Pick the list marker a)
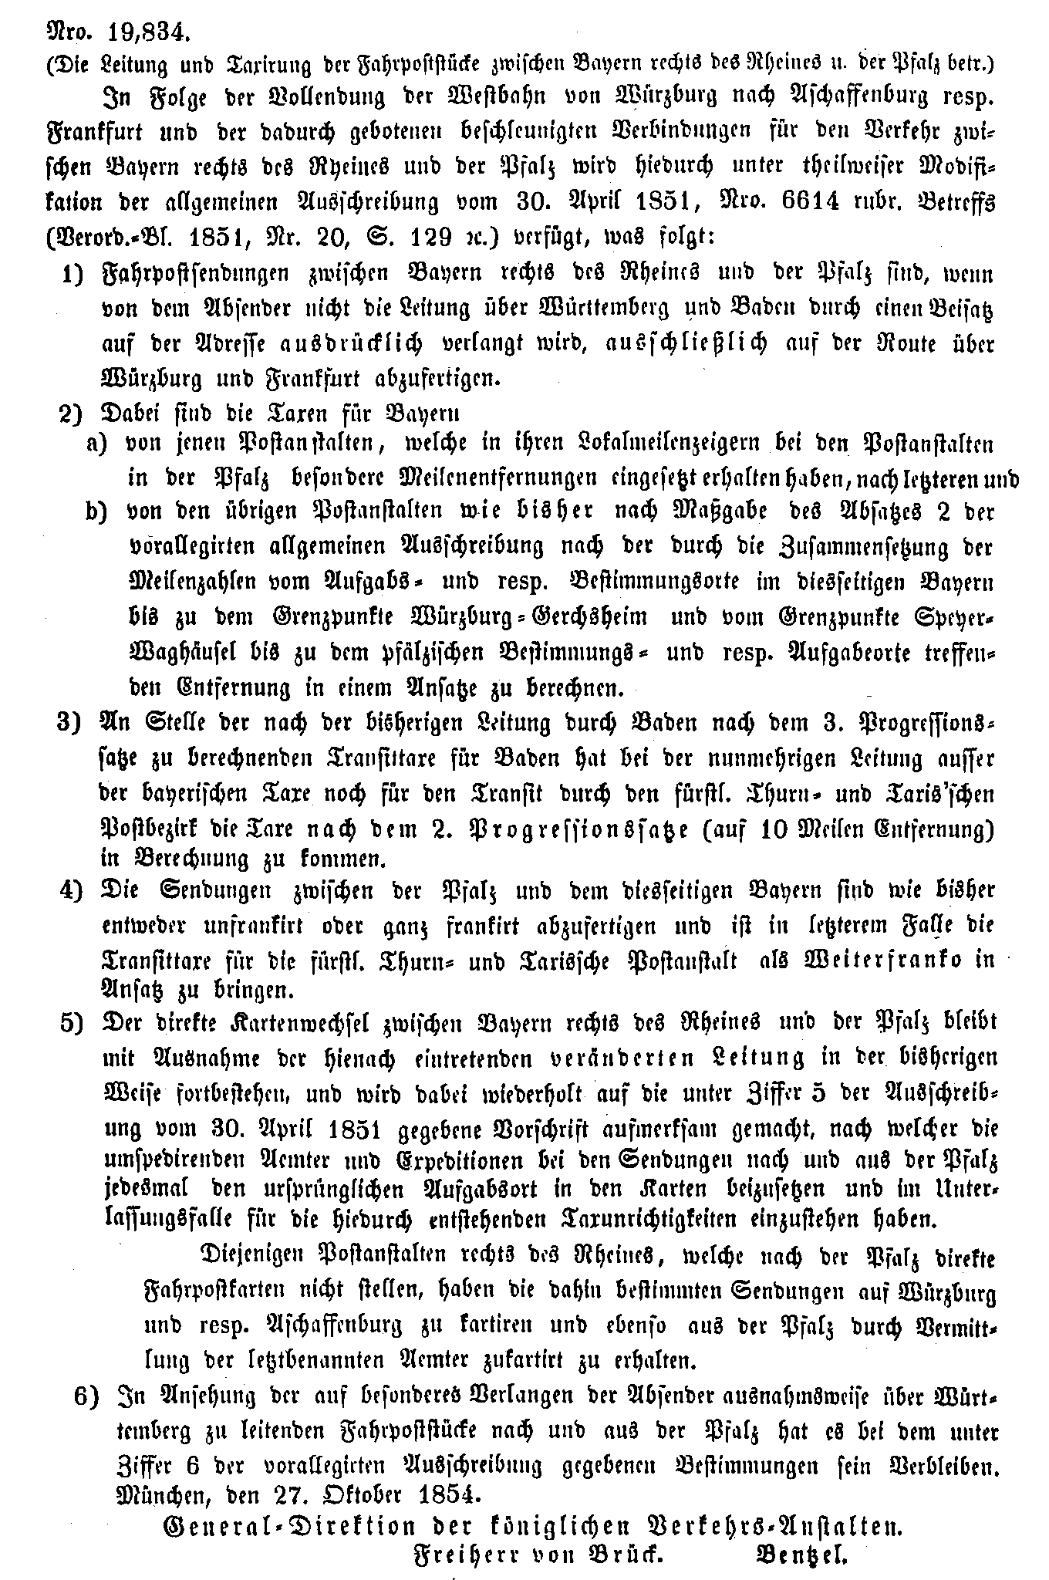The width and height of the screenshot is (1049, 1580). [x=98, y=445]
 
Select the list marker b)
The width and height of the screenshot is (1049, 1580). [x=98, y=512]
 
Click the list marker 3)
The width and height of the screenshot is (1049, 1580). [x=71, y=723]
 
